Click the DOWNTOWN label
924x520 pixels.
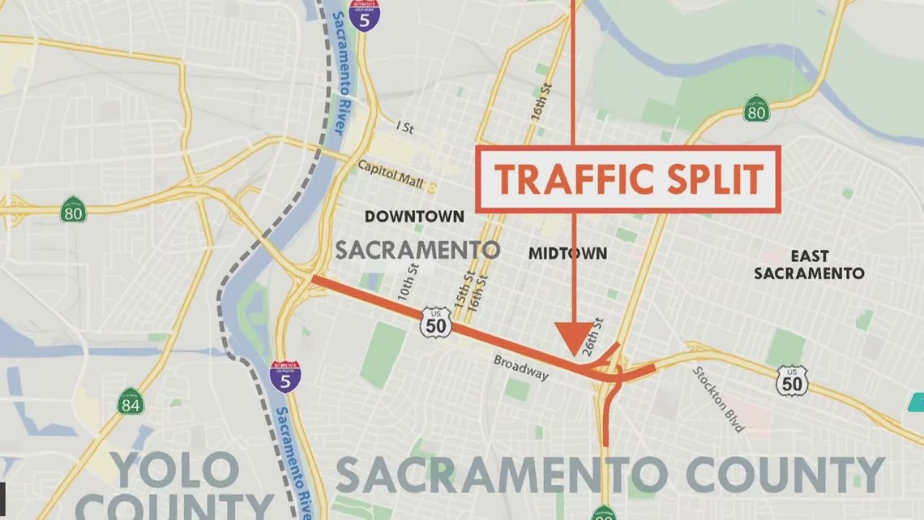414,217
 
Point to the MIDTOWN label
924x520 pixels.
567,253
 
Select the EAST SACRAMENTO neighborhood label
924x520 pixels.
809,264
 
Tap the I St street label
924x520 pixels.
404,127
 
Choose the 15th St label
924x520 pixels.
462,286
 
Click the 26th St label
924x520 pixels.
598,333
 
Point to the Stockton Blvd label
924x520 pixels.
719,398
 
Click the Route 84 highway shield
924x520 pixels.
130,401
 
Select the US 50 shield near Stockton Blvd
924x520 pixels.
791,381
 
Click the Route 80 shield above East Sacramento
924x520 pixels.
756,109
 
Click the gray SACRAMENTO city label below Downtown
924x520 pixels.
417,250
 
